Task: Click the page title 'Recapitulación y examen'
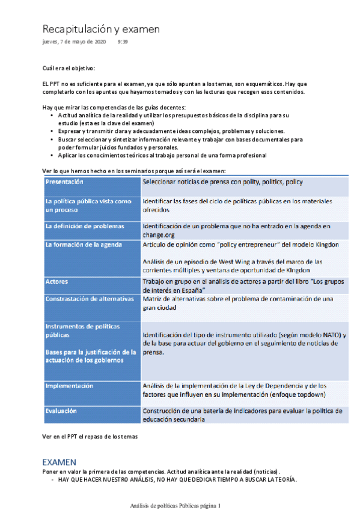point(100,29)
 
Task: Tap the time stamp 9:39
point(123,42)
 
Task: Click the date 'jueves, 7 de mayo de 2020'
point(74,42)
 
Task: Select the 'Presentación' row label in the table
point(64,182)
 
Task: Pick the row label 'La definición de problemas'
point(85,226)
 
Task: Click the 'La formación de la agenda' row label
point(84,244)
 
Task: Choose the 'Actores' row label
point(57,281)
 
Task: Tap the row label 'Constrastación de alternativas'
point(89,299)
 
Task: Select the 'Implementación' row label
point(69,386)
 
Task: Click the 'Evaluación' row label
point(61,411)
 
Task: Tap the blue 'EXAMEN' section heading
point(59,462)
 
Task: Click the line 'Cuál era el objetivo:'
point(69,69)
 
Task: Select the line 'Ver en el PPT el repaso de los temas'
point(90,437)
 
